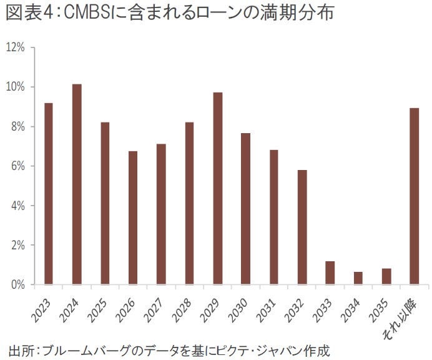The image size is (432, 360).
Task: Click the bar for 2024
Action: pyautogui.click(x=77, y=184)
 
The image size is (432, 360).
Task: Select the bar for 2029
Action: pyautogui.click(x=217, y=188)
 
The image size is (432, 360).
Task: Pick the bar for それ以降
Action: pyautogui.click(x=414, y=196)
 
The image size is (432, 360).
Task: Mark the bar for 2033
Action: pyautogui.click(x=330, y=272)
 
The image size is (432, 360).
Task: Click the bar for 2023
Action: pyautogui.click(x=49, y=194)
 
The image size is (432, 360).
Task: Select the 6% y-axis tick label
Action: pyautogui.click(x=17, y=166)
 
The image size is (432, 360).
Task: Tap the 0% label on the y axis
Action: pyautogui.click(x=17, y=285)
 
